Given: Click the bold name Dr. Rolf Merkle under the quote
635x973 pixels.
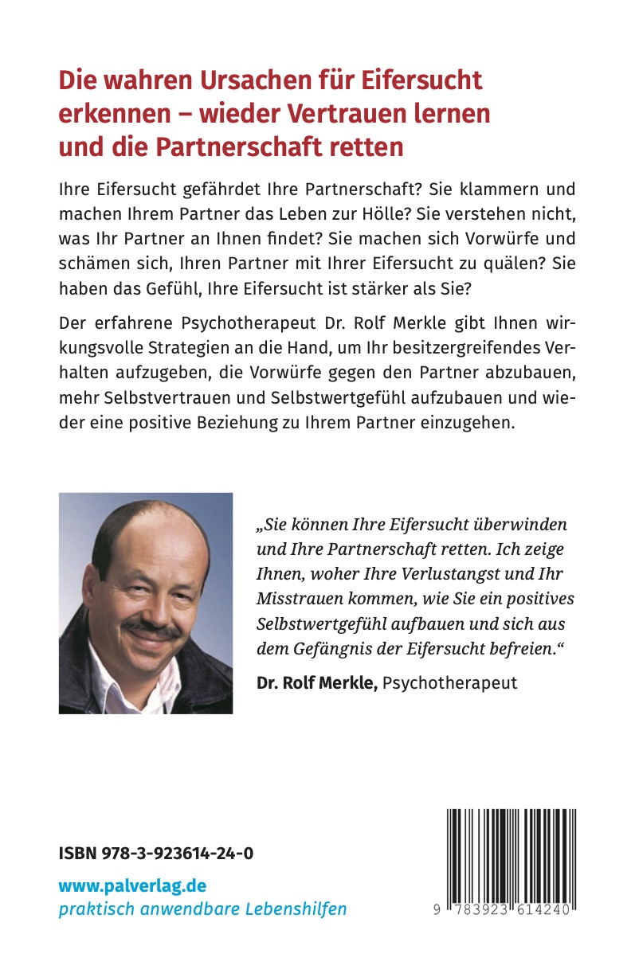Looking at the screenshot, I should click(317, 682).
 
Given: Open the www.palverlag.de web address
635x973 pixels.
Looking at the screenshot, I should click(132, 885).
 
